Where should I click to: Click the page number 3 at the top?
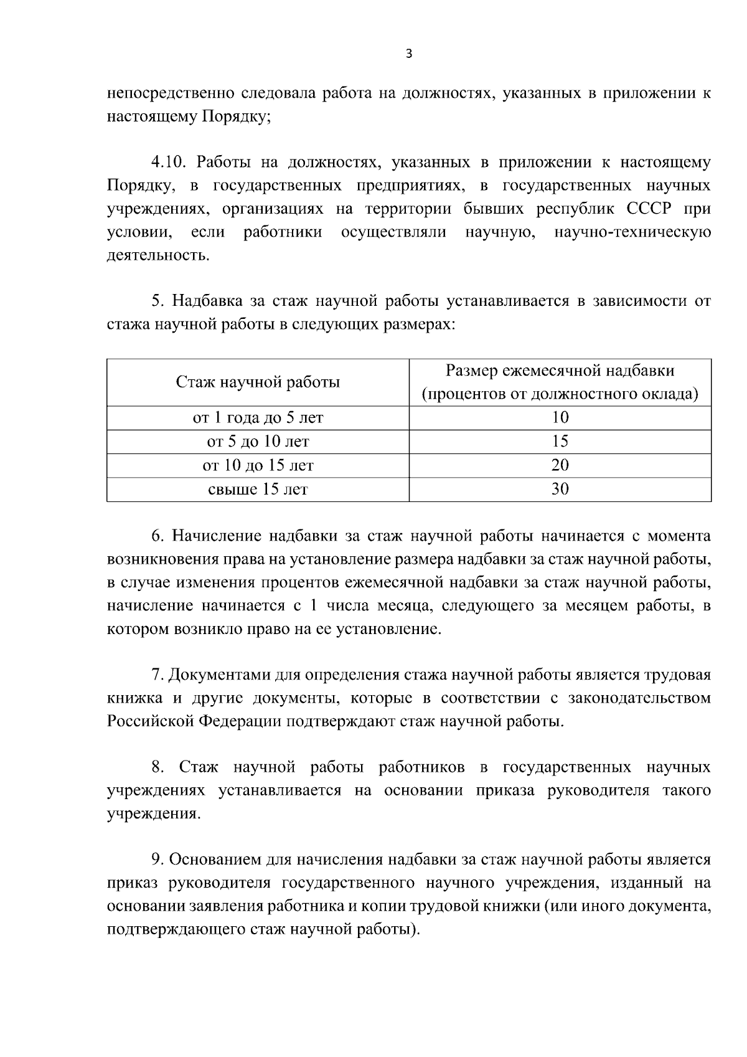tap(408, 54)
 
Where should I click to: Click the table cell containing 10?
tap(560, 418)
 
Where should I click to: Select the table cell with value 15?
tap(560, 442)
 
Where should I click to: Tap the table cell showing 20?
tap(560, 465)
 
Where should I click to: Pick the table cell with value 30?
tap(560, 489)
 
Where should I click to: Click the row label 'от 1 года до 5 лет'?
tap(258, 418)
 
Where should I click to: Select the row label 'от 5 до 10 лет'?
tap(258, 442)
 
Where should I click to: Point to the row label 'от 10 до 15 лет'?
tap(258, 465)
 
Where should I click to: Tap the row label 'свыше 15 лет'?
tap(258, 489)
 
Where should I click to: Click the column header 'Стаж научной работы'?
tap(258, 382)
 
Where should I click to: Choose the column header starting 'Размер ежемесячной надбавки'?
tap(560, 371)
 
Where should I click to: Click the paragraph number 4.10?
tap(169, 163)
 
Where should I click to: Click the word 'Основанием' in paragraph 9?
tap(215, 860)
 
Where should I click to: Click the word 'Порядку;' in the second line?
tap(236, 116)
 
